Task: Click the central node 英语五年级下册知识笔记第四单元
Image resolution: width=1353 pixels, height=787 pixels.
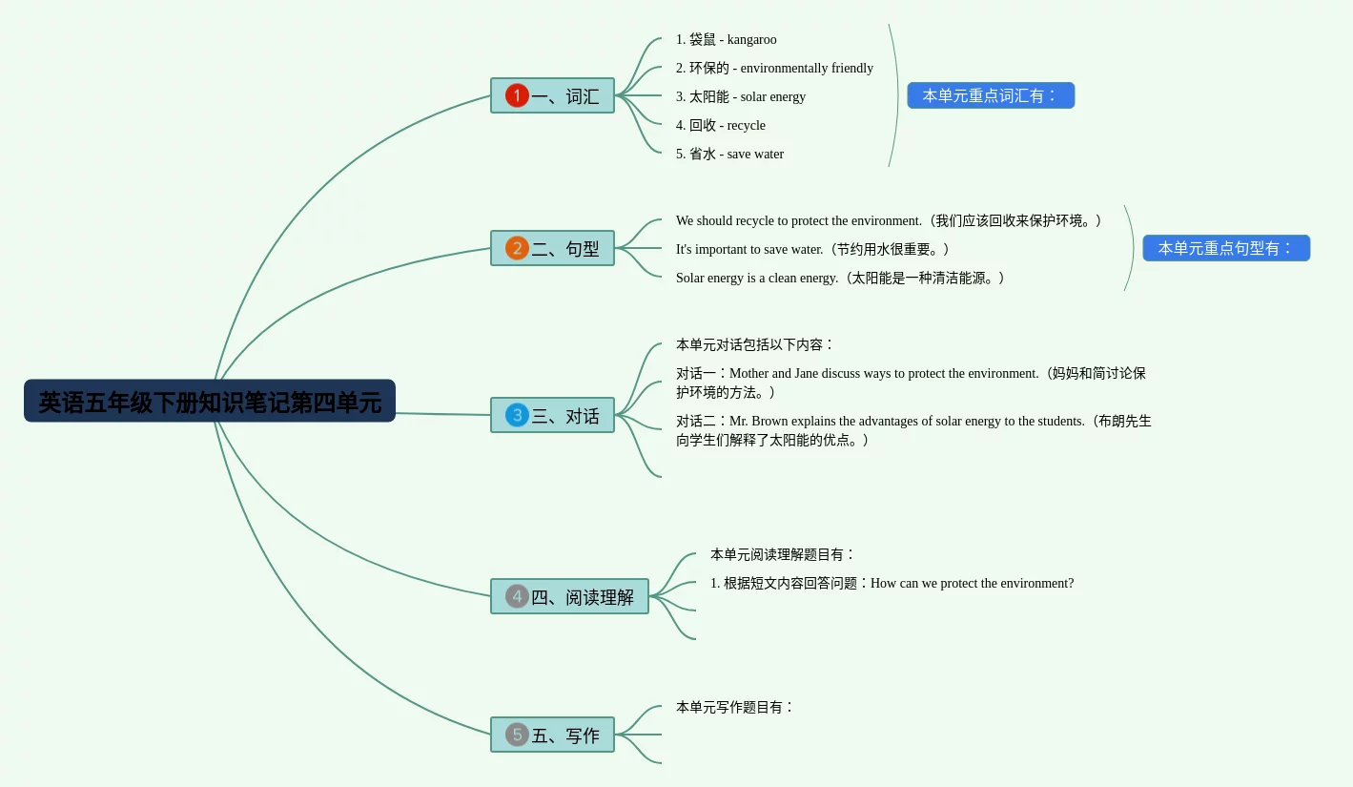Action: pyautogui.click(x=209, y=402)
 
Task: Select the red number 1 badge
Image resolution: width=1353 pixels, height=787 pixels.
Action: pyautogui.click(x=517, y=95)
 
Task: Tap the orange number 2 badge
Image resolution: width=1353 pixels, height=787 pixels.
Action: pyautogui.click(x=517, y=248)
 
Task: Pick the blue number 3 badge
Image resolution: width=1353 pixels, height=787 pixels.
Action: pyautogui.click(x=517, y=415)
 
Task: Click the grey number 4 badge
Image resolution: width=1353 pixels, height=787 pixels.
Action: pyautogui.click(x=517, y=596)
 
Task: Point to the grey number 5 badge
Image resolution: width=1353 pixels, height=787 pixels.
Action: pyautogui.click(x=517, y=735)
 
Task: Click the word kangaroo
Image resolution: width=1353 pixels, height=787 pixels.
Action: pyautogui.click(x=751, y=40)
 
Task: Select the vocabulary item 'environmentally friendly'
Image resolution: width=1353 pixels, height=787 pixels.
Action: pyautogui.click(x=807, y=69)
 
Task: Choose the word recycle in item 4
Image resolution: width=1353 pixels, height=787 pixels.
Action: pyautogui.click(x=746, y=126)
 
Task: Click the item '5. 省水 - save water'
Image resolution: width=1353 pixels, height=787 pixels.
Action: pyautogui.click(x=729, y=155)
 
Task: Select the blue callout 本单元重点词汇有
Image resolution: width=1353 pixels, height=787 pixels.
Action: pyautogui.click(x=991, y=95)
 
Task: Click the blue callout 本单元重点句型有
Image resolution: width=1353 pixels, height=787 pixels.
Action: pyautogui.click(x=1226, y=248)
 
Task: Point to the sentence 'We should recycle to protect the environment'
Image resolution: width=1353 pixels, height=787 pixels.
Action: pyautogui.click(x=799, y=221)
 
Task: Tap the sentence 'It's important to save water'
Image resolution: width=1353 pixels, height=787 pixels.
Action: pyautogui.click(x=749, y=250)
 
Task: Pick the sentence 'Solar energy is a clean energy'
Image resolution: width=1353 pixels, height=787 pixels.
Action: pyautogui.click(x=757, y=279)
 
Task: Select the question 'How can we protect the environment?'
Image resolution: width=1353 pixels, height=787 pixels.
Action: pyautogui.click(x=972, y=584)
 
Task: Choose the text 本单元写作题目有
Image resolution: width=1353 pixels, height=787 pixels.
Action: pyautogui.click(x=734, y=708)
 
